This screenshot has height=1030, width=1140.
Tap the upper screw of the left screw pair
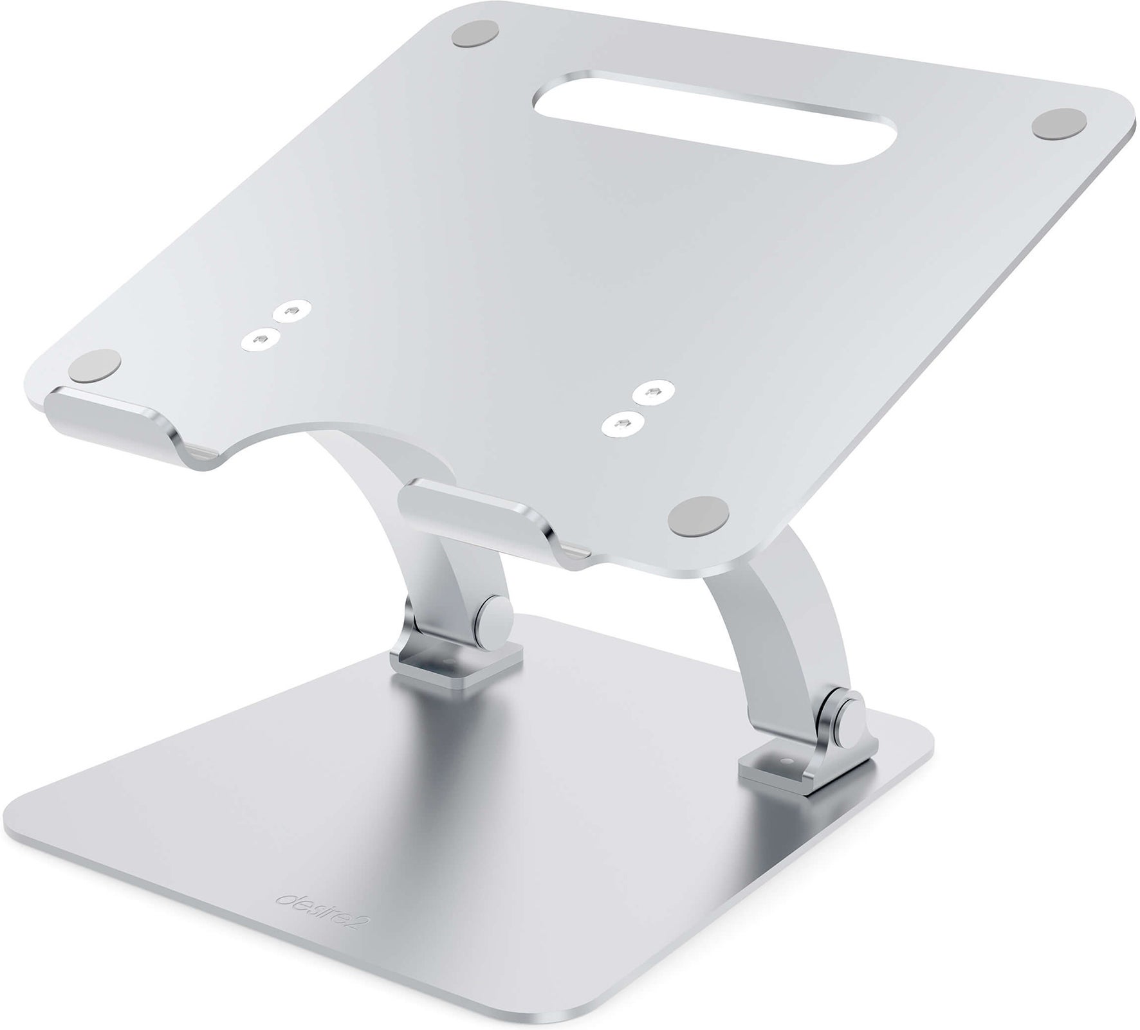tap(286, 310)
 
